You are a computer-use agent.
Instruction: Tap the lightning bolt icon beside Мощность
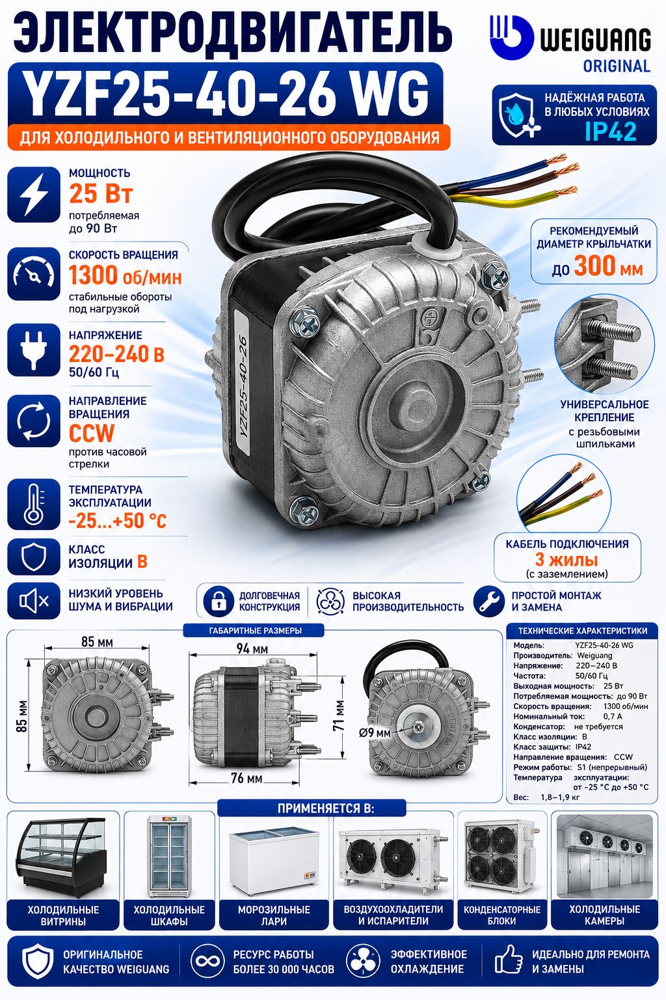(x=33, y=194)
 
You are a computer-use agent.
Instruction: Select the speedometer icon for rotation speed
(x=33, y=273)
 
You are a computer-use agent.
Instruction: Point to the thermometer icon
(x=33, y=504)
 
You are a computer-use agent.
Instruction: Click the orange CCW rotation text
(x=92, y=432)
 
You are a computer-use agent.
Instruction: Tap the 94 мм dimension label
(x=252, y=648)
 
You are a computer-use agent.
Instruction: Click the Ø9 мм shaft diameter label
(x=375, y=732)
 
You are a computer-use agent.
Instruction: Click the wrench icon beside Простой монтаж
(x=489, y=601)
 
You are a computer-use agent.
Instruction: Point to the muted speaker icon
(x=33, y=601)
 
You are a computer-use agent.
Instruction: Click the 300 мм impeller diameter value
(x=609, y=266)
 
